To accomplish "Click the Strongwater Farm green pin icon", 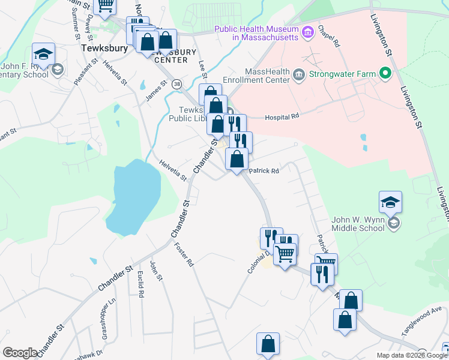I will [385, 75].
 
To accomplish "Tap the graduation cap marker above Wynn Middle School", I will [390, 203].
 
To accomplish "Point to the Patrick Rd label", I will [264, 171].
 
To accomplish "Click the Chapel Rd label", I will [329, 36].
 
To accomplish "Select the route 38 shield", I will [176, 85].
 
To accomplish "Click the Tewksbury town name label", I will [106, 49].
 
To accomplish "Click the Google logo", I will [20, 353].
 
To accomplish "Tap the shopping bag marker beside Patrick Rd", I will [237, 159].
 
